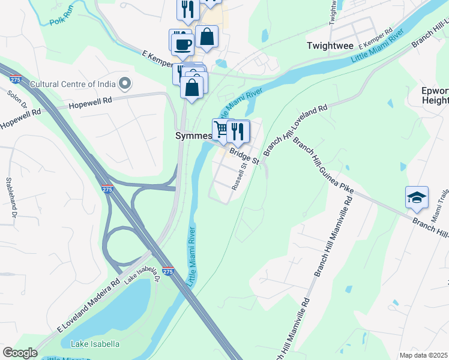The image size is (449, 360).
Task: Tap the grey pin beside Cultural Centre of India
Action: pyautogui.click(x=125, y=83)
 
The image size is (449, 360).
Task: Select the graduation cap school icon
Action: pyautogui.click(x=417, y=198)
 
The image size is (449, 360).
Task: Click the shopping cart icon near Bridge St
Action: pyautogui.click(x=221, y=129)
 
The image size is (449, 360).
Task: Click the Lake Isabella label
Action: pyautogui.click(x=95, y=344)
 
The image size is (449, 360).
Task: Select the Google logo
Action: pyautogui.click(x=20, y=353)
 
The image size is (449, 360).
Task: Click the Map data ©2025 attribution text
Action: pyautogui.click(x=424, y=355)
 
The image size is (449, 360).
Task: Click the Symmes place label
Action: pyautogui.click(x=192, y=136)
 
